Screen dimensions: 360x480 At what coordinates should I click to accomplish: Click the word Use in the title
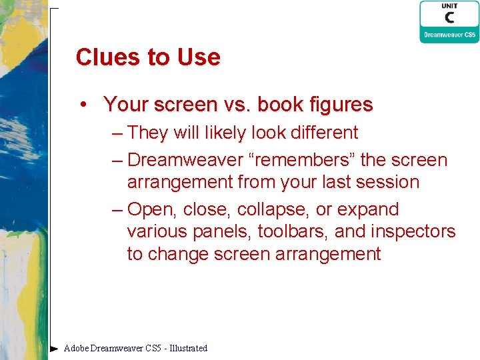pos(199,57)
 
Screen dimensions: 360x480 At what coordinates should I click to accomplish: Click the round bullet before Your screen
pos(83,104)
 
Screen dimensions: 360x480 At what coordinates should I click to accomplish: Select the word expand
pos(367,210)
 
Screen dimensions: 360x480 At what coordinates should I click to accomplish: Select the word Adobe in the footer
pos(76,348)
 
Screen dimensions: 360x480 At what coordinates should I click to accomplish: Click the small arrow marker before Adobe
pos(54,348)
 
